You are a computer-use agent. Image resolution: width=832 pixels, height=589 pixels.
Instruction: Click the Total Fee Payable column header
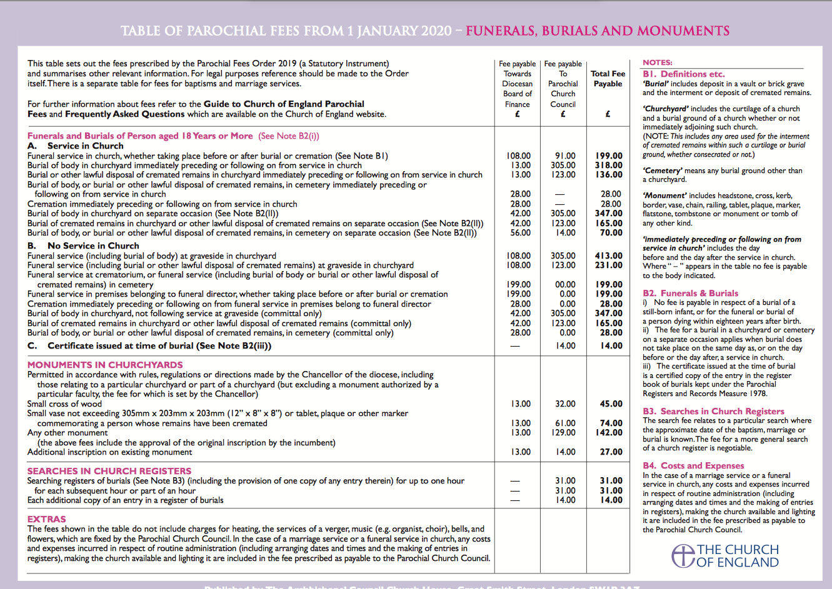coord(608,79)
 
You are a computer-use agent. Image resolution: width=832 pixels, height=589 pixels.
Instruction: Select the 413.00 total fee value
coord(608,256)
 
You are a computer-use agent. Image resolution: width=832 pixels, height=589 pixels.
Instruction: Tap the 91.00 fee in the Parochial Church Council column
coord(565,156)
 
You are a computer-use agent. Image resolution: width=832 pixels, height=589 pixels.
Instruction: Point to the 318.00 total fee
coord(608,166)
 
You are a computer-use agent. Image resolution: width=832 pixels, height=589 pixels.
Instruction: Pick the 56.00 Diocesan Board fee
coord(520,233)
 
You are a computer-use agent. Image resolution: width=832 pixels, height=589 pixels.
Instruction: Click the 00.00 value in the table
coord(565,285)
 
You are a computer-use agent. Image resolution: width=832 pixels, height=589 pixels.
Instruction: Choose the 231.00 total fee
coord(608,265)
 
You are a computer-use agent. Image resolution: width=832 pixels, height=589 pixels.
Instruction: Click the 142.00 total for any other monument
coord(608,433)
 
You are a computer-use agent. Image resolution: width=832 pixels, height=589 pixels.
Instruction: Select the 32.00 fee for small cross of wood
coord(565,404)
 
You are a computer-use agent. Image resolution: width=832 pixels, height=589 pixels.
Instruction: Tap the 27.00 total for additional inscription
coord(611,452)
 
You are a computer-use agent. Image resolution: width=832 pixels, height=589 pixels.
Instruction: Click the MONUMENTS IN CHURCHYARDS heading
coord(105,365)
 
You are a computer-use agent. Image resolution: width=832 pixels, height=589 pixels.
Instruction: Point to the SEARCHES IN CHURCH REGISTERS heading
coord(109,471)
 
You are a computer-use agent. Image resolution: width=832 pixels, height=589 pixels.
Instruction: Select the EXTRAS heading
coord(46,519)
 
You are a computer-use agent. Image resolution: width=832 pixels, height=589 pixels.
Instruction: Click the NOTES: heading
coord(658,62)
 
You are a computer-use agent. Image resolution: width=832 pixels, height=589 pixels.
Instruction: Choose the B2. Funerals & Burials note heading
coord(690,293)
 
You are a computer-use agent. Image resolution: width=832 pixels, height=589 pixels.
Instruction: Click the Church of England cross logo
coord(683,555)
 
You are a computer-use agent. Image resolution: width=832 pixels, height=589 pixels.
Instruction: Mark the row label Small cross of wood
coord(64,404)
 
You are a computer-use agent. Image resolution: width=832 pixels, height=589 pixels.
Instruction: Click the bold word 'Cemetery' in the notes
coord(662,171)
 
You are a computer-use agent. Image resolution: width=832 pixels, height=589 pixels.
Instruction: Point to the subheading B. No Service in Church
coord(83,246)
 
